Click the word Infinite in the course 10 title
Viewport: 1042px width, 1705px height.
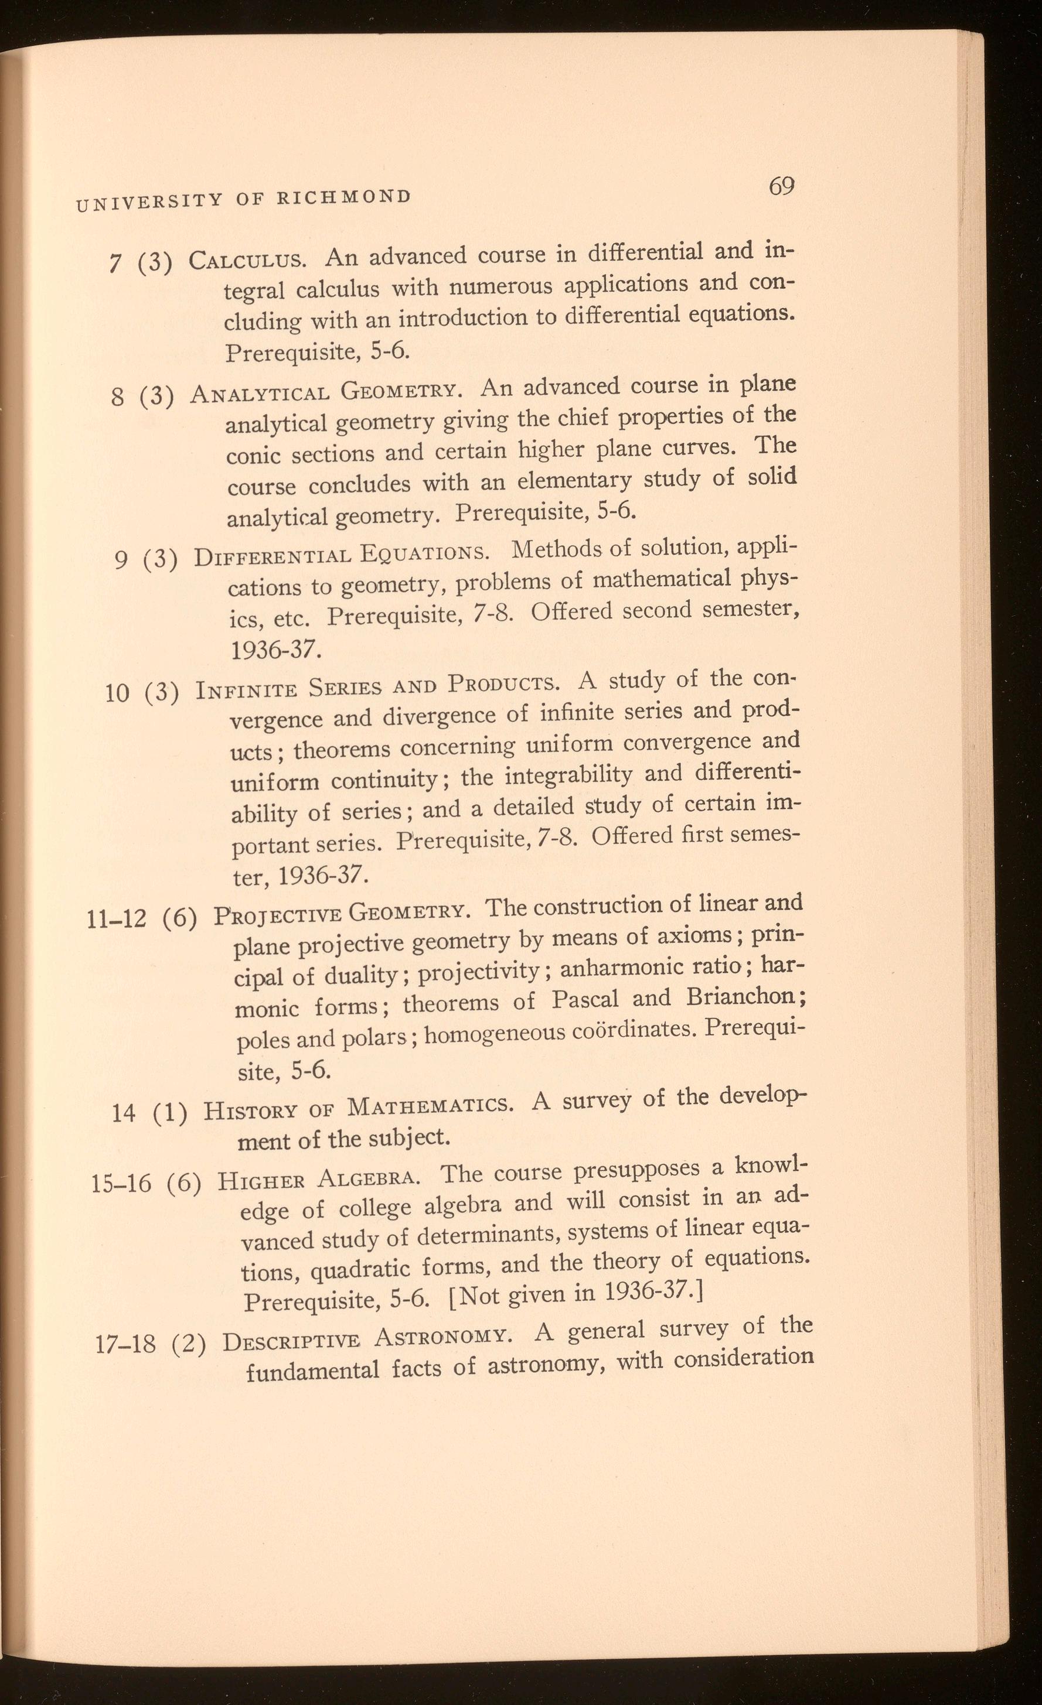tap(247, 691)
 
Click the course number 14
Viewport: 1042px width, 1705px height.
tap(123, 1114)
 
